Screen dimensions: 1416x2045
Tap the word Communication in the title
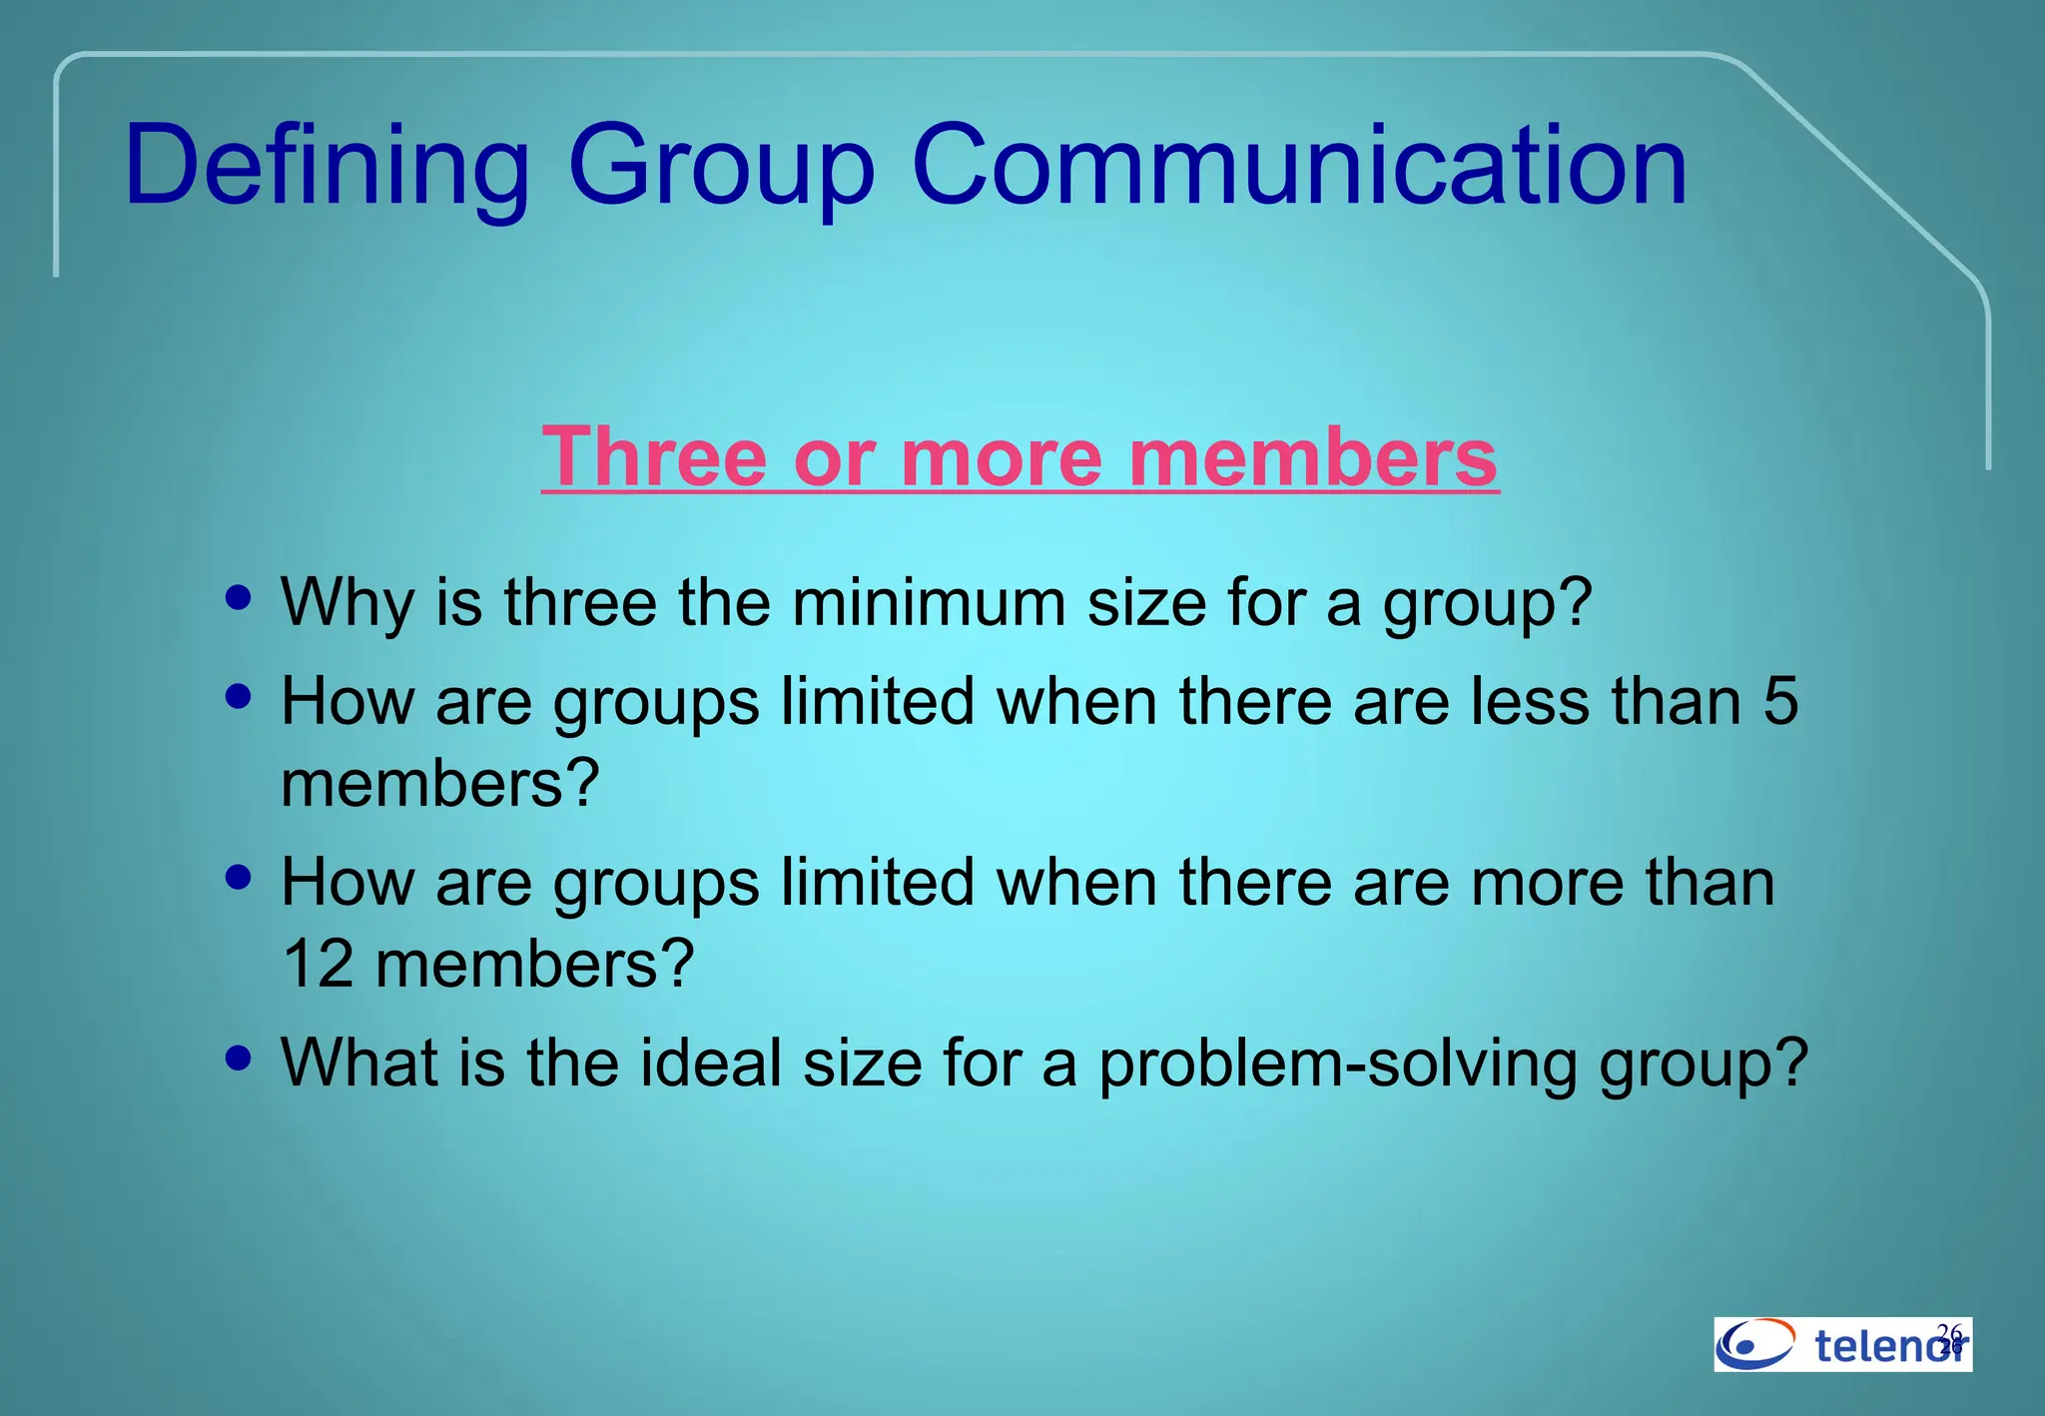tap(1299, 166)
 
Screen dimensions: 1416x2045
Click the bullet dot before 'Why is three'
tap(239, 598)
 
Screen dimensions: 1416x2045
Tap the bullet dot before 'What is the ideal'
tap(239, 1057)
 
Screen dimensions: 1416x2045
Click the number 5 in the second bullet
tap(1780, 701)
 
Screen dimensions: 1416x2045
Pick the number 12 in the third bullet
tap(318, 964)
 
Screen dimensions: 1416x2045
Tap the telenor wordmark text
tap(1887, 1346)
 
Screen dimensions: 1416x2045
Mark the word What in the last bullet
tap(358, 1062)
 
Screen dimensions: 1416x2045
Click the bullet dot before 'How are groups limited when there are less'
tap(239, 696)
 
